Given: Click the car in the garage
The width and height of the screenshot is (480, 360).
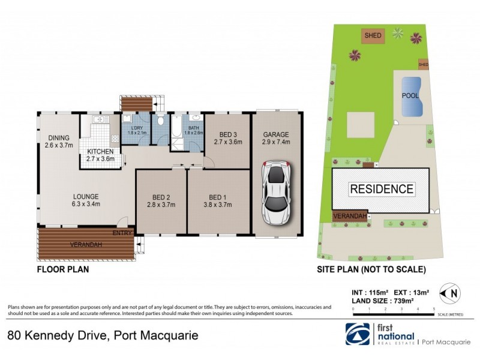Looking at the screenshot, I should point(276,193).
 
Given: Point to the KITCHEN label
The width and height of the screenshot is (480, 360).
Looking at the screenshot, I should point(100,151).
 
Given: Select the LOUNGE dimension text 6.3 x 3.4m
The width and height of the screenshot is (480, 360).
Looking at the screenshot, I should point(86,204).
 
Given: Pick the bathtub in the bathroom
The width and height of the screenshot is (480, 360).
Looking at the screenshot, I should point(177,127).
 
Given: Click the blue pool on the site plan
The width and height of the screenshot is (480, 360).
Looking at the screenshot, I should point(411,96).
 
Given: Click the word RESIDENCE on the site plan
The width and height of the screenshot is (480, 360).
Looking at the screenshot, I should point(382,190).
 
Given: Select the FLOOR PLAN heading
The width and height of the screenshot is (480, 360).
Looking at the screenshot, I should point(63,269).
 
